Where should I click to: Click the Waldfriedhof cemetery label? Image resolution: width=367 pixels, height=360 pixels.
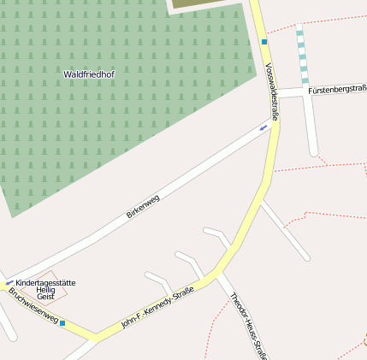click(x=89, y=74)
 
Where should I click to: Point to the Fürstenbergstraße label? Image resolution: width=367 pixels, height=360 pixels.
click(x=337, y=89)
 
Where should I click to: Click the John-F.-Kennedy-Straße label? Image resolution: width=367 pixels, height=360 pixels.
click(x=157, y=308)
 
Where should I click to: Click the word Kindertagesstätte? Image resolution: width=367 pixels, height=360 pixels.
click(x=45, y=282)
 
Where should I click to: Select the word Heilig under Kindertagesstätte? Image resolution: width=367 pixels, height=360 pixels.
click(x=45, y=290)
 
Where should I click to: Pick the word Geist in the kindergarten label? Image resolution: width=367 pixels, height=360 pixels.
click(x=45, y=297)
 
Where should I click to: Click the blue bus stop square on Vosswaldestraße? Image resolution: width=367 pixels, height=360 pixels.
click(x=264, y=41)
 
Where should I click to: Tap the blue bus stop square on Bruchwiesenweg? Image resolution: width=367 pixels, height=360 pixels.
click(x=62, y=323)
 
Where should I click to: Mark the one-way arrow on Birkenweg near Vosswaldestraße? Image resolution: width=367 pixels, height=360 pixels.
click(x=263, y=128)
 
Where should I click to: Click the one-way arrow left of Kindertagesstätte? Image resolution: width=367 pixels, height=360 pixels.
click(x=9, y=282)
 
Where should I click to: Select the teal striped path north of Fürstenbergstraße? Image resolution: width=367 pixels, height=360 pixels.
click(x=302, y=56)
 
